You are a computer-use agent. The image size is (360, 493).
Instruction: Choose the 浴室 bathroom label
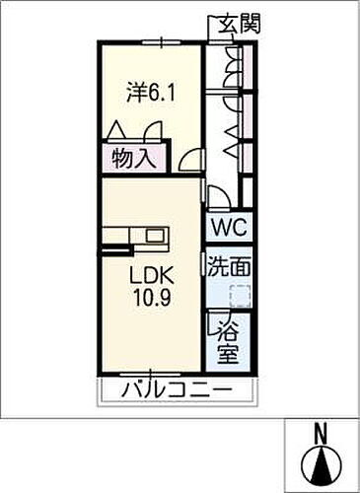click(x=229, y=339)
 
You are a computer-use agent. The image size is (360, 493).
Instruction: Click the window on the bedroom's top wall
click(x=158, y=41)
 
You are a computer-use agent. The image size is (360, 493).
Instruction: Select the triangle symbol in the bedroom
click(x=115, y=129)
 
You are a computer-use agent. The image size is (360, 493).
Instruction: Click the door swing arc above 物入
click(x=152, y=131)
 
